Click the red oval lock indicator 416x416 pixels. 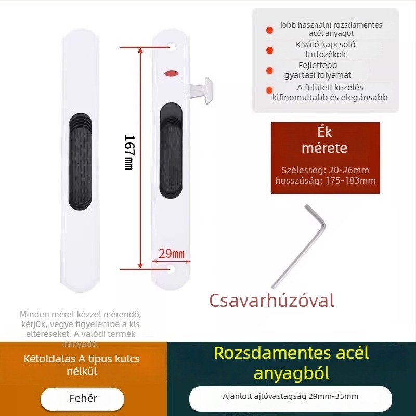point(172,73)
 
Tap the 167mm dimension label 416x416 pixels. point(129,152)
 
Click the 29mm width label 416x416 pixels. point(172,254)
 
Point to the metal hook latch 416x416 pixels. point(201,90)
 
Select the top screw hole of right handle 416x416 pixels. point(172,47)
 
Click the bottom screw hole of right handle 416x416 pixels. point(171,269)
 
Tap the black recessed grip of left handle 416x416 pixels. point(81,162)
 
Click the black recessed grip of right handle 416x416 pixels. point(171,150)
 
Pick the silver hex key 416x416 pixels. point(298,246)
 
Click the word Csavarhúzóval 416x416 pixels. point(271,301)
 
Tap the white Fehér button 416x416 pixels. point(83,399)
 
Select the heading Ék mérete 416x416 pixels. point(324,140)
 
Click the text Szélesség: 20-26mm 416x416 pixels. point(326,170)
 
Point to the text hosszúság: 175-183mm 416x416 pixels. point(326,180)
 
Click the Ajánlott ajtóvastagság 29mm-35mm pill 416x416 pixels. point(291,398)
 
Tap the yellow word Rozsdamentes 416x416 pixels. point(272,353)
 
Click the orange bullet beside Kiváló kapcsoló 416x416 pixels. point(269,50)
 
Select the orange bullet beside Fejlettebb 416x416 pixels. point(269,70)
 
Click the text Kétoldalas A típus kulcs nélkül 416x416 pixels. point(82,365)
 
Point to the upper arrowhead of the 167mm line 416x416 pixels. point(140,50)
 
